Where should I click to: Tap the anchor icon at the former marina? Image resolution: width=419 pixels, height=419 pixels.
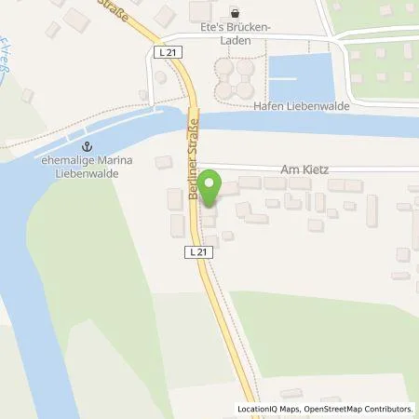pyautogui.click(x=89, y=146)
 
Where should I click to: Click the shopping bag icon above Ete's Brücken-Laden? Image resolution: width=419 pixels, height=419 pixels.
pyautogui.click(x=234, y=14)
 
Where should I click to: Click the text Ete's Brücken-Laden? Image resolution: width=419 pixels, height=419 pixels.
pyautogui.click(x=235, y=34)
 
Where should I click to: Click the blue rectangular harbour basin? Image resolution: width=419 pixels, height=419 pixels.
pyautogui.click(x=300, y=77)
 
